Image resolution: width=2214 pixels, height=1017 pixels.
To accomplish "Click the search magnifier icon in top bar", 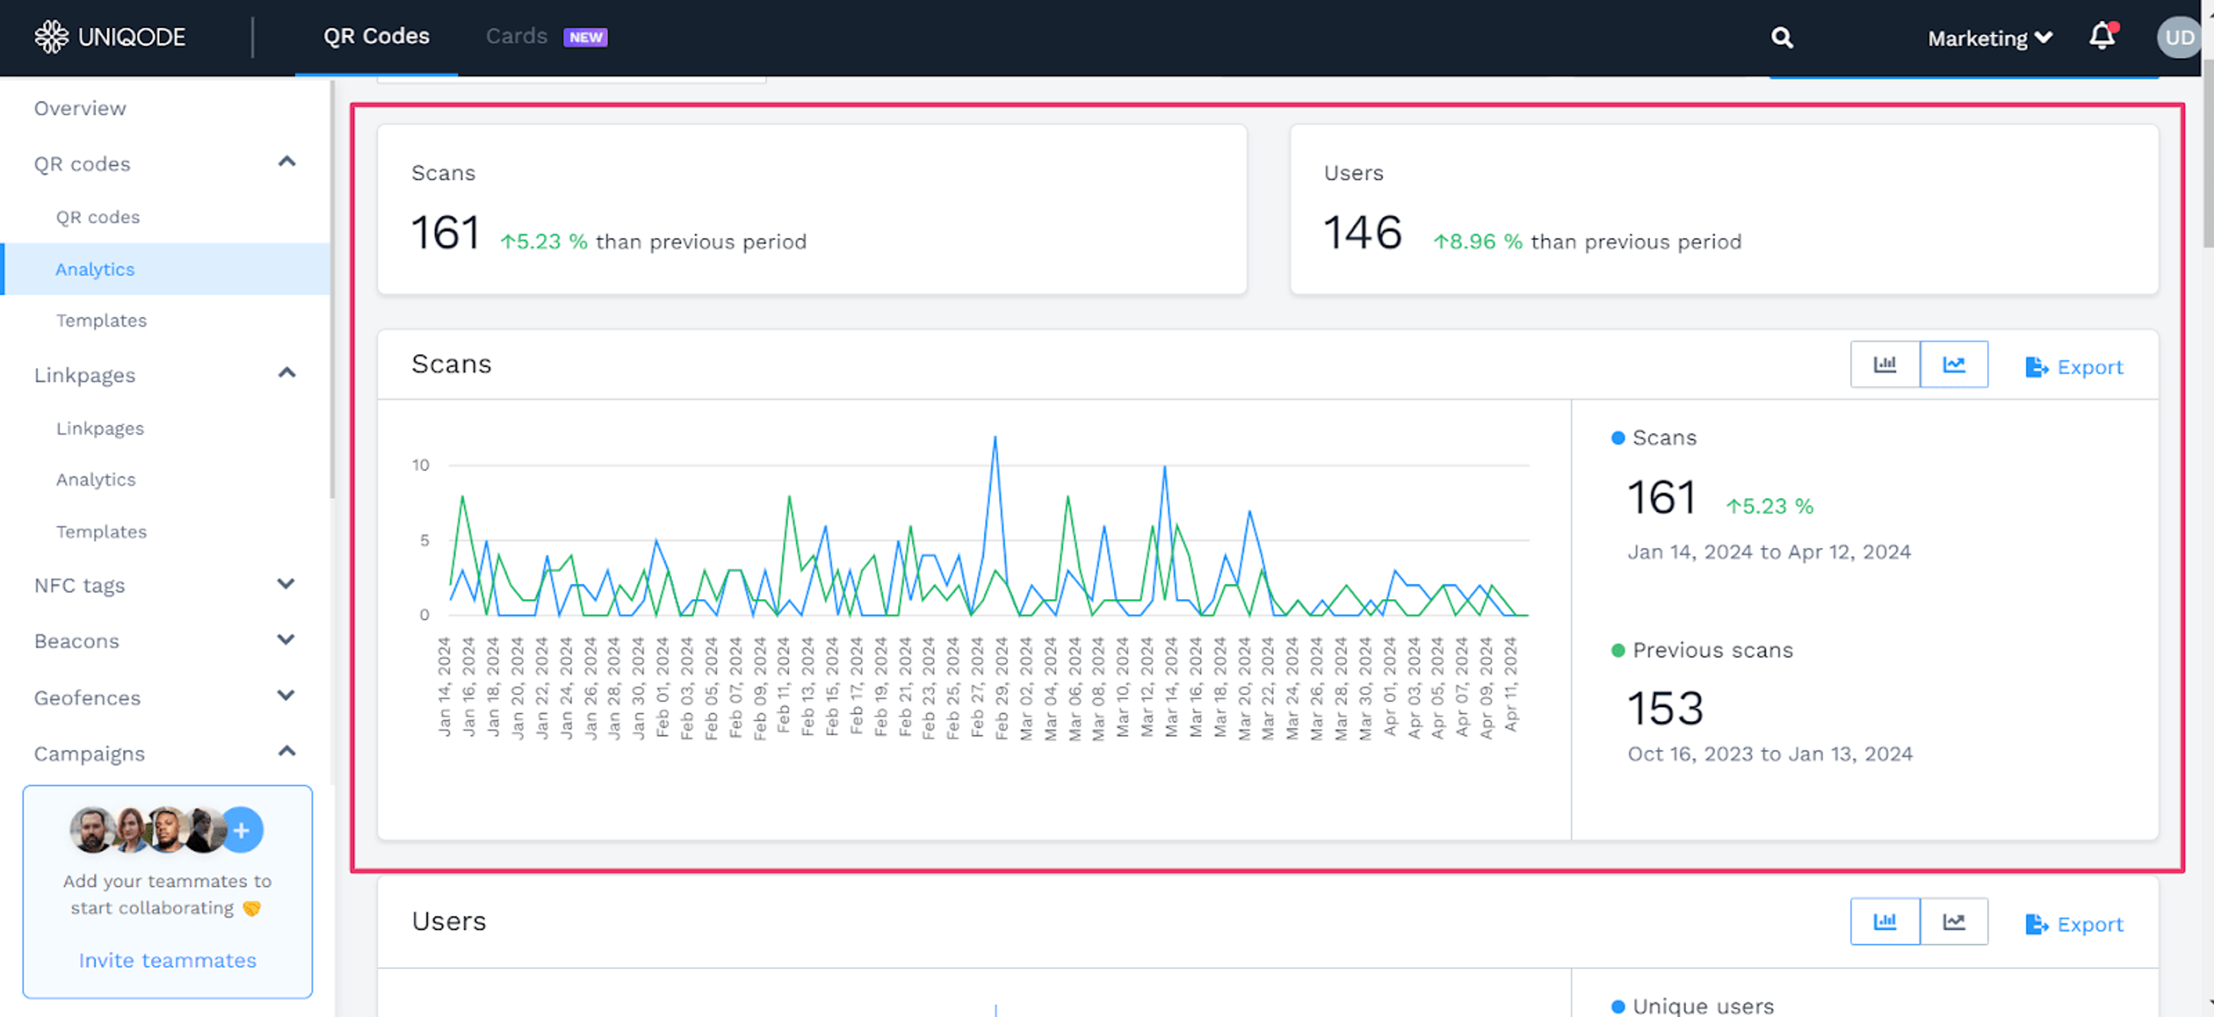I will click(1782, 38).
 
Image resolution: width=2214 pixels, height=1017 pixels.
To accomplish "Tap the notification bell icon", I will click(2102, 37).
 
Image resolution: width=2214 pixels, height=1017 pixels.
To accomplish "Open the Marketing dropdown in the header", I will click(1989, 38).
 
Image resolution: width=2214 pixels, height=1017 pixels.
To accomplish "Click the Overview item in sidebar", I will click(80, 108).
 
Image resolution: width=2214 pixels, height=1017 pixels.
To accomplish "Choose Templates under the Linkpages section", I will click(101, 532).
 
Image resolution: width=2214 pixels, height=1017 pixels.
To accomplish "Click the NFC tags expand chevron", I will click(286, 585).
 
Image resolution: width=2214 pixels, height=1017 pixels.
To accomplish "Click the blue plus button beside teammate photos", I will click(242, 830).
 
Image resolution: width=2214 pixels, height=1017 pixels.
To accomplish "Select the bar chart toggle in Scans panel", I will click(1884, 364).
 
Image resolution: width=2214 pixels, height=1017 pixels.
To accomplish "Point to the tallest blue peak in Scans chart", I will click(995, 438).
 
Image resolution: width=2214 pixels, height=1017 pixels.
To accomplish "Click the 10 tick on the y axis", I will click(420, 465).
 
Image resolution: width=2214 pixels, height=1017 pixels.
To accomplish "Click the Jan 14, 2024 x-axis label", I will click(445, 686).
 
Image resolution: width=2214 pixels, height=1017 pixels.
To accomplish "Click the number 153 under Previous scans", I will click(1665, 709).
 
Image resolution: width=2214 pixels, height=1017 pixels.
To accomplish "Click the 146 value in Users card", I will click(1362, 233).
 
